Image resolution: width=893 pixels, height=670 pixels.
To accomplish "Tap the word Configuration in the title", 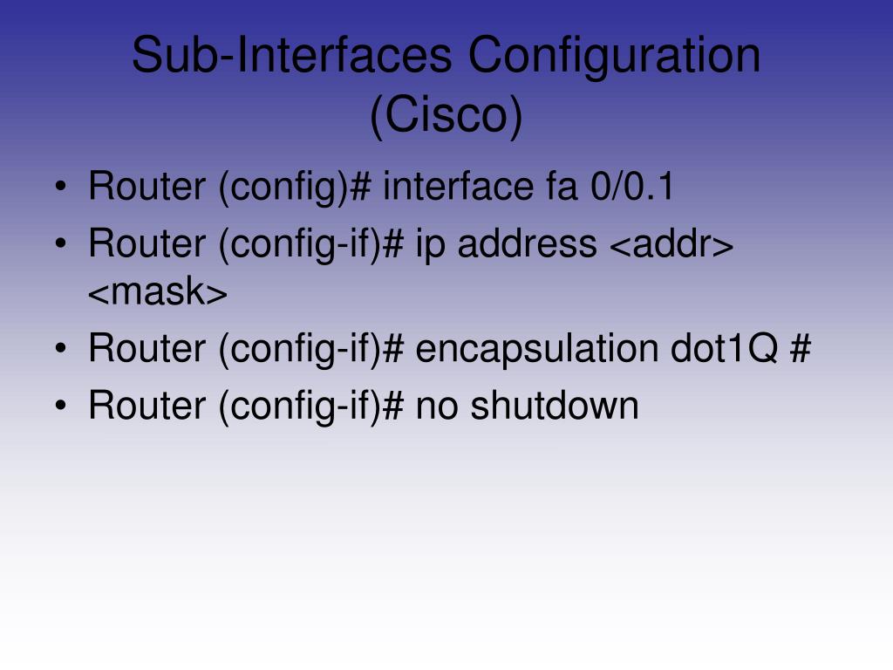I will [614, 56].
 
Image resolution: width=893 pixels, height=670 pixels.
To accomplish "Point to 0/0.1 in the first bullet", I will [631, 187].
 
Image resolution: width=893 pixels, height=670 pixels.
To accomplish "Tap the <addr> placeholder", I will [670, 245].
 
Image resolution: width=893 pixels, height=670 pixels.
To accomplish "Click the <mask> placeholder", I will [158, 294].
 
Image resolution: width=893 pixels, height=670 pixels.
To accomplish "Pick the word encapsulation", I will [536, 349].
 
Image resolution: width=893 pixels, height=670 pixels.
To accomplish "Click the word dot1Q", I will [724, 349].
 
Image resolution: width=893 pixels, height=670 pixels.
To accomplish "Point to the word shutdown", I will [555, 406].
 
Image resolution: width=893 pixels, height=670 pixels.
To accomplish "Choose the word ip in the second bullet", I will [431, 245].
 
